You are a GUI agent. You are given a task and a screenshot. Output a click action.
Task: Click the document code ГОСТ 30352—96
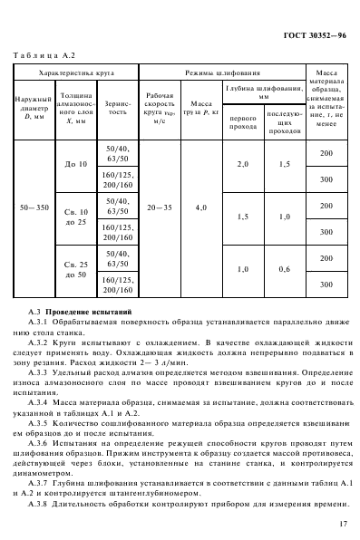(307, 37)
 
